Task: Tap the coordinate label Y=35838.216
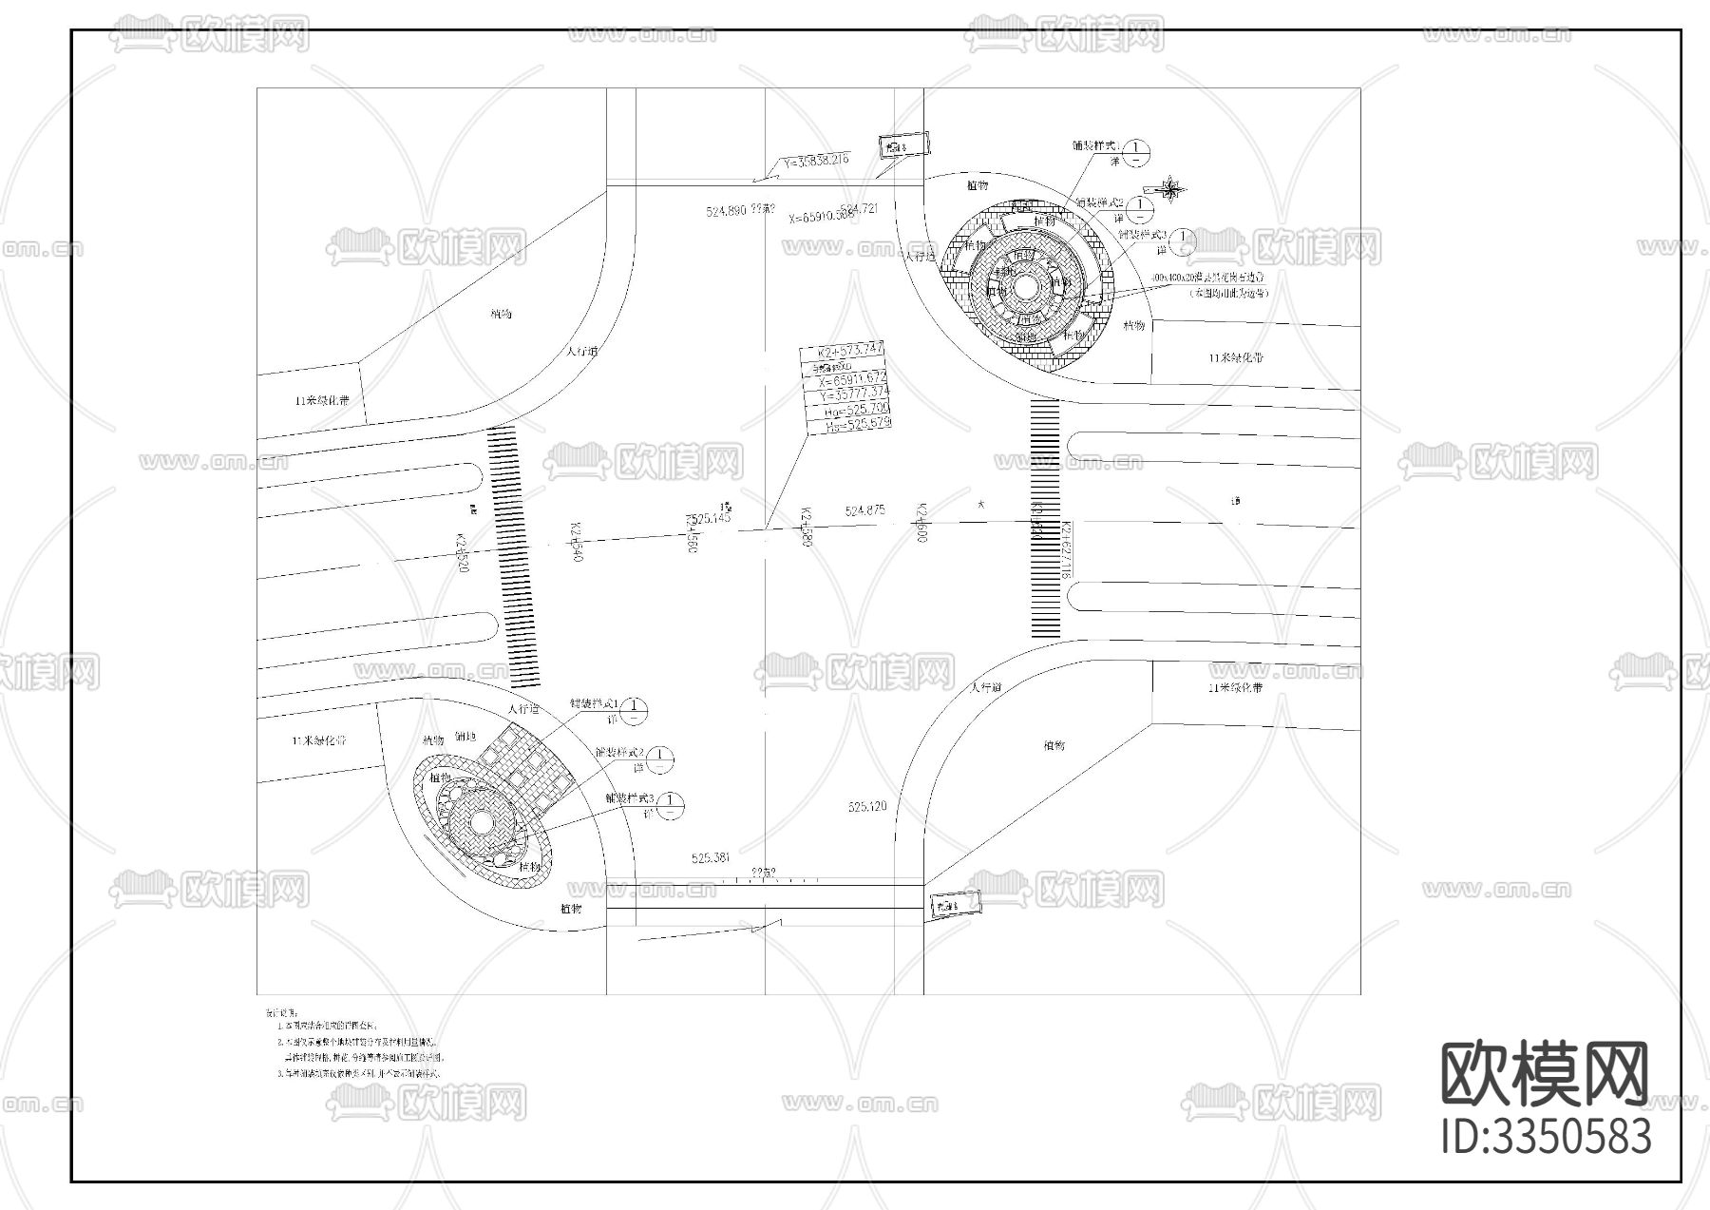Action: click(816, 161)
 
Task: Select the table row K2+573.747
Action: click(845, 349)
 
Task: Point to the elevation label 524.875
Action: click(864, 511)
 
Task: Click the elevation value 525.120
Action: click(866, 806)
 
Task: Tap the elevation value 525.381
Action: click(711, 857)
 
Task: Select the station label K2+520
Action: click(463, 553)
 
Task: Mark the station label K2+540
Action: click(575, 542)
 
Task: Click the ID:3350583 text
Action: click(1546, 1137)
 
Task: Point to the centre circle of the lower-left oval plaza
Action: click(480, 820)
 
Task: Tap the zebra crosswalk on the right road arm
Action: click(1045, 518)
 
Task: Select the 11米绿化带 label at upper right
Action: click(1235, 358)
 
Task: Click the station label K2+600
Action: click(920, 523)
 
